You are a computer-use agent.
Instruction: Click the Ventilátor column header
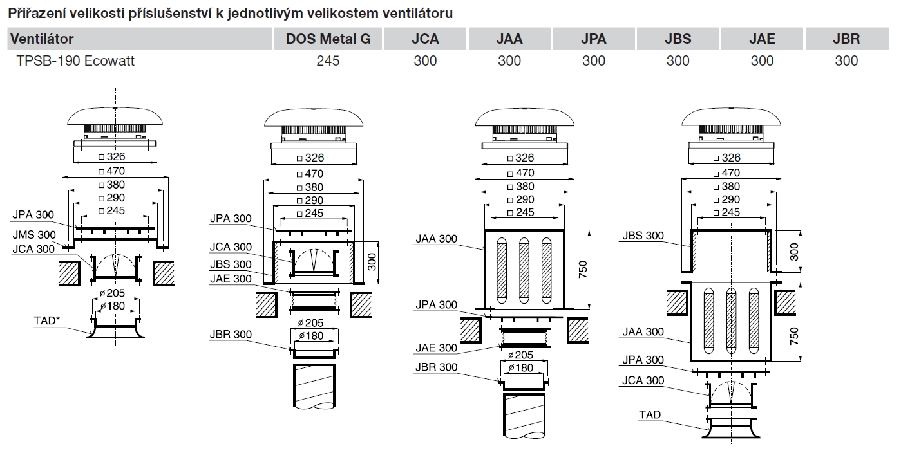tap(41, 39)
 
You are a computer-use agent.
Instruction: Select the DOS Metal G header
tap(328, 39)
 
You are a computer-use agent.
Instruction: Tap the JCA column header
tap(425, 39)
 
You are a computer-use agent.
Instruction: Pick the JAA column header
tap(509, 39)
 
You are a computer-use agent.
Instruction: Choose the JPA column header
tap(594, 39)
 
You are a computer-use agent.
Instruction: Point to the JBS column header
tap(678, 39)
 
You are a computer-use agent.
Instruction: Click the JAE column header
tap(762, 39)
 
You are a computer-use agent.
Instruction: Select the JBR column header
tap(846, 39)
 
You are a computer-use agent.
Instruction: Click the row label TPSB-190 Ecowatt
tap(76, 60)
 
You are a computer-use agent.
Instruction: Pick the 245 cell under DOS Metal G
tap(328, 60)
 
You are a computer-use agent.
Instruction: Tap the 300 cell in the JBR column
tap(846, 60)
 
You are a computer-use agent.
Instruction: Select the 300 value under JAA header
tap(509, 60)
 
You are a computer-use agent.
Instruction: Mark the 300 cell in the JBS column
tap(678, 60)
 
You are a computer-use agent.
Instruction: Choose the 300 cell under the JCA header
tap(425, 60)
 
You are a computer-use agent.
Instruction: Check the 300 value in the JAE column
tap(762, 60)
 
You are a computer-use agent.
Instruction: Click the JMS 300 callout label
tap(33, 235)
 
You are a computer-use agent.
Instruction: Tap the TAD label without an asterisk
tap(650, 414)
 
